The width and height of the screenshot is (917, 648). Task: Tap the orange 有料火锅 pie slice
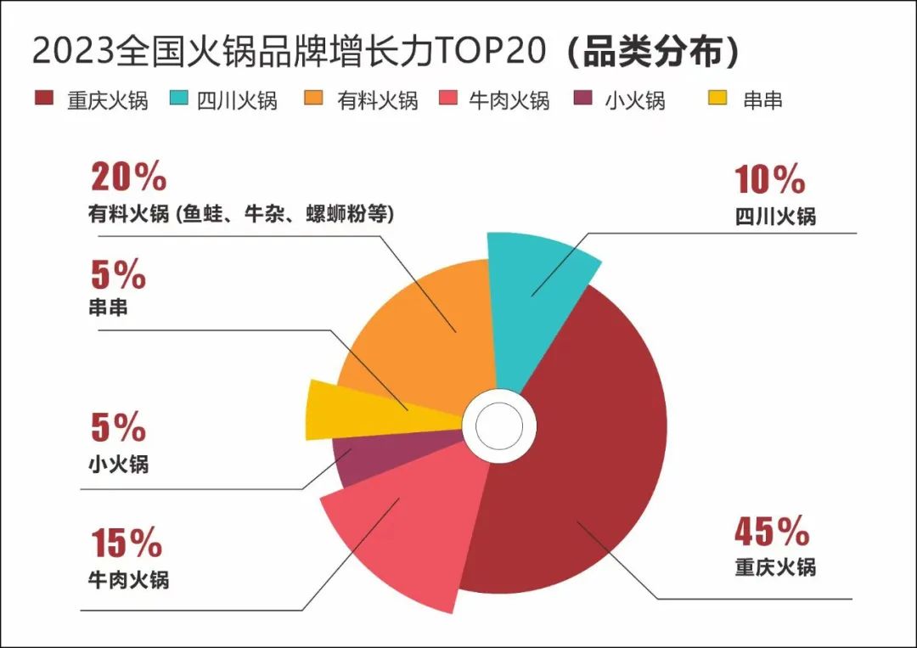click(x=425, y=331)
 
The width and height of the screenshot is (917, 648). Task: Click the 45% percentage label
click(x=772, y=533)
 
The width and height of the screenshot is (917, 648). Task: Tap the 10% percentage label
click(x=770, y=179)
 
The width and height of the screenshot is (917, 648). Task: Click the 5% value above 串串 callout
click(x=118, y=275)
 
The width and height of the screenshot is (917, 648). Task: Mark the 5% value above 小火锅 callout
click(x=118, y=428)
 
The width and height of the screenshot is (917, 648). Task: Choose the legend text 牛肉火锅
click(x=509, y=101)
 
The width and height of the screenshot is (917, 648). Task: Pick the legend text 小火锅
click(x=634, y=101)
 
